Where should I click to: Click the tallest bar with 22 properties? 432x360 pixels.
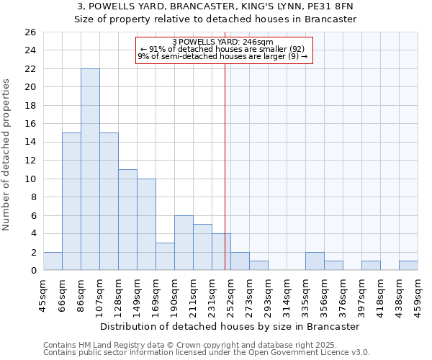(90, 169)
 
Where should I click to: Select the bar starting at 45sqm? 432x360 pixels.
(53, 261)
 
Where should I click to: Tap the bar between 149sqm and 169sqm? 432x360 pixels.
(146, 225)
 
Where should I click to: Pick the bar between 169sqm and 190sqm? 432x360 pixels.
(165, 256)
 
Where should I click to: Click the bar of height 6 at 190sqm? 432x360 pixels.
(184, 243)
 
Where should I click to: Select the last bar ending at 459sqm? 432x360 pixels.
(408, 266)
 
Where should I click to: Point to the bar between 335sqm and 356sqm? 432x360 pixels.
(315, 261)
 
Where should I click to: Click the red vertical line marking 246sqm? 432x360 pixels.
(225, 180)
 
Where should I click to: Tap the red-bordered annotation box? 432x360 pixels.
(224, 50)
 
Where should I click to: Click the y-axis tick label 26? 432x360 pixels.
(30, 32)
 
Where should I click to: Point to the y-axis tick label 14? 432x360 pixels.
(30, 143)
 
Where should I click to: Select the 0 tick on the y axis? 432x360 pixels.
(32, 271)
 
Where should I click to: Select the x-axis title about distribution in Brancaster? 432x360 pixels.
(230, 326)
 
